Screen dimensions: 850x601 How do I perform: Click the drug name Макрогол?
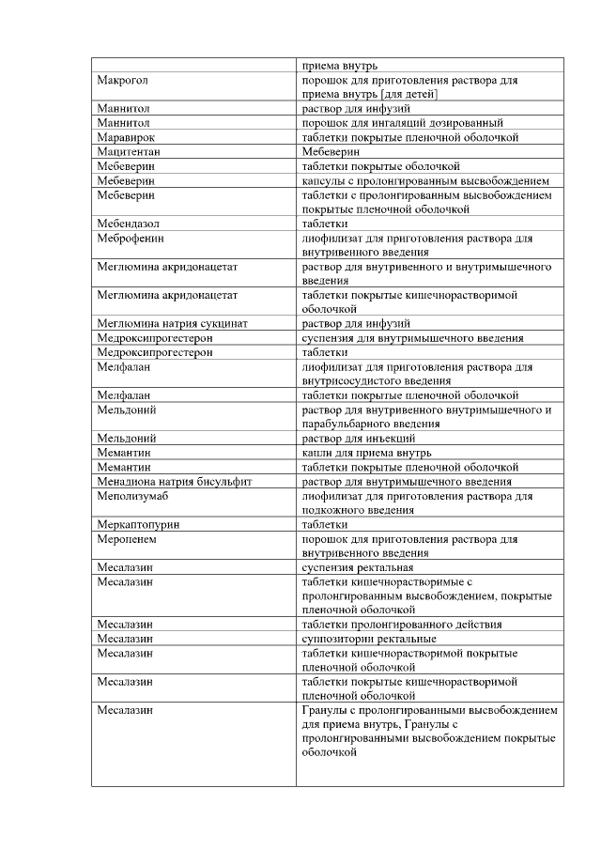coord(122,81)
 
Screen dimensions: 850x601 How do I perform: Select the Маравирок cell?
coord(126,137)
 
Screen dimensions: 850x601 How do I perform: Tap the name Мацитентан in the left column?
coord(129,151)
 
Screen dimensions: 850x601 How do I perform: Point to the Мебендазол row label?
coord(129,224)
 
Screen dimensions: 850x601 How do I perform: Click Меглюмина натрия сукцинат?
coord(172,323)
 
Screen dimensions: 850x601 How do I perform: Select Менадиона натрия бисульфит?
coord(173,481)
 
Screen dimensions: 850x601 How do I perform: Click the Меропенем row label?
coord(126,539)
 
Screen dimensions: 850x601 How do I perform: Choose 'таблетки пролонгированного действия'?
coord(401,624)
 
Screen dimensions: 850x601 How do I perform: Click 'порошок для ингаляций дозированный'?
coord(402,123)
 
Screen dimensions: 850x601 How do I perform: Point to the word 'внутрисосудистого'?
coord(350,381)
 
